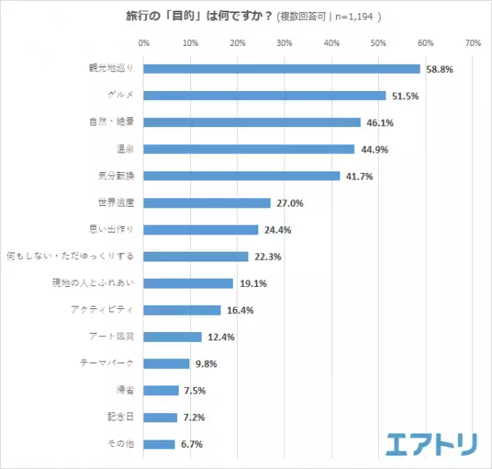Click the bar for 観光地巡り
coord(282,69)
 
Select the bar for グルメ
coord(265,95)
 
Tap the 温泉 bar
coord(249,148)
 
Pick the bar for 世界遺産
coord(207,203)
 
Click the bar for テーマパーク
coord(166,363)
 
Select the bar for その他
coord(159,444)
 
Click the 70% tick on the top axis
coord(472,43)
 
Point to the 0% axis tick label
coord(144,43)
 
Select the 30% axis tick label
coord(285,43)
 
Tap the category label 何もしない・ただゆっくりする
coord(70,256)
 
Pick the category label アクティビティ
coord(102,310)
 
